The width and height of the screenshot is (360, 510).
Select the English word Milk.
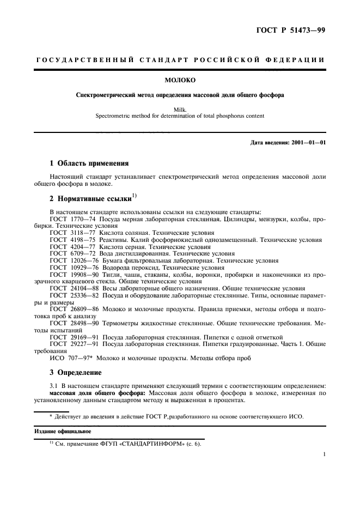(x=180, y=109)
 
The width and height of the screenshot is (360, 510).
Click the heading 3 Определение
(x=78, y=372)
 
